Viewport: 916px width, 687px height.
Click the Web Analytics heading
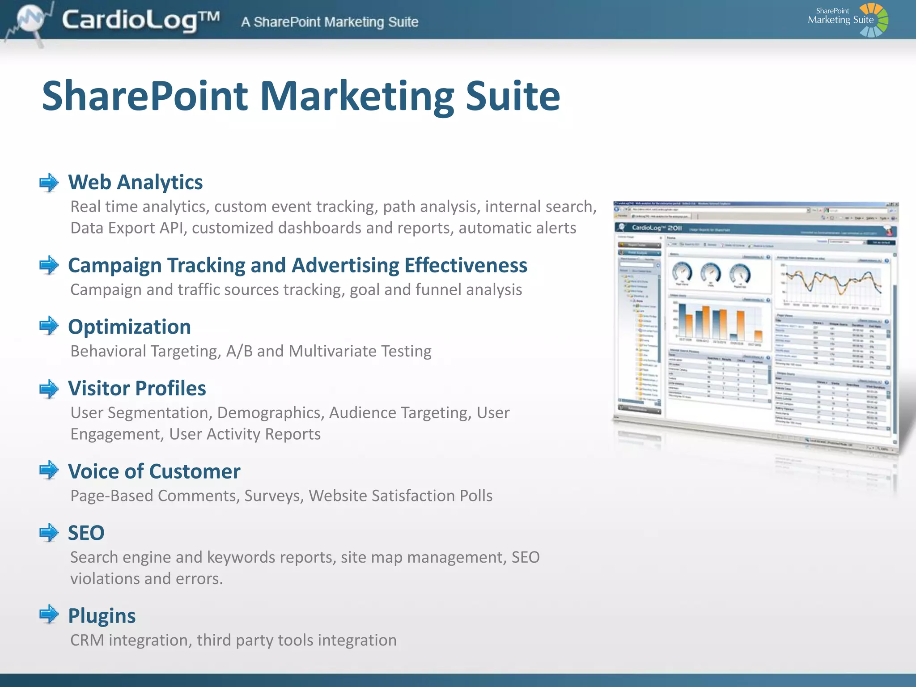(135, 182)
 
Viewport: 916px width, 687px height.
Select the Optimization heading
(129, 327)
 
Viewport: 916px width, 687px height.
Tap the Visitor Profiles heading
(137, 388)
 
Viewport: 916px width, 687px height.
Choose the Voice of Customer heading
(154, 471)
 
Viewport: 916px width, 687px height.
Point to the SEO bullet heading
(86, 533)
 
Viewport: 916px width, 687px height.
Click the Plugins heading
(102, 616)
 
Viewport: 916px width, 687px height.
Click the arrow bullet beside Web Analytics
(49, 182)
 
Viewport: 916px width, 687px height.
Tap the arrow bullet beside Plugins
(49, 614)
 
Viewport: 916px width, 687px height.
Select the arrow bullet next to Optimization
(49, 326)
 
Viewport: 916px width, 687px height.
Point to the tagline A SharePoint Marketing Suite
(330, 22)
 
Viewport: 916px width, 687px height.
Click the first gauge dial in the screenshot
(682, 273)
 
